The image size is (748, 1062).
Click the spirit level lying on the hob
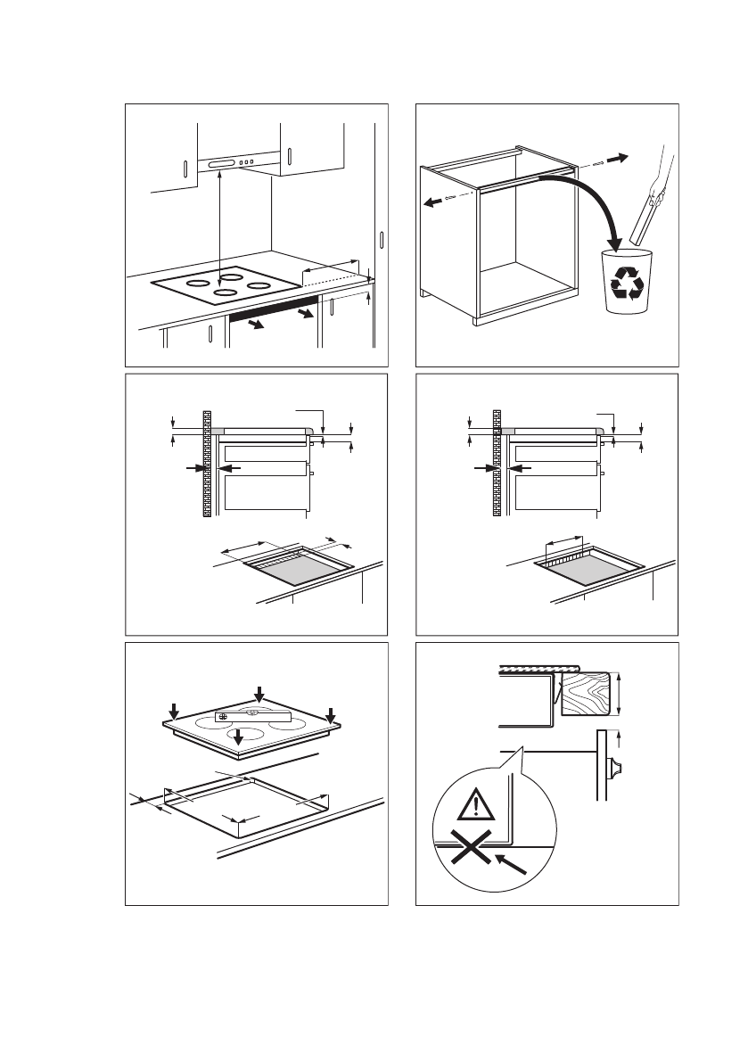tap(253, 715)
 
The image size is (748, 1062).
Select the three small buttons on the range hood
tap(251, 162)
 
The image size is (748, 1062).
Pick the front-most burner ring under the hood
tap(225, 292)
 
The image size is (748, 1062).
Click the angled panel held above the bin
tap(644, 223)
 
